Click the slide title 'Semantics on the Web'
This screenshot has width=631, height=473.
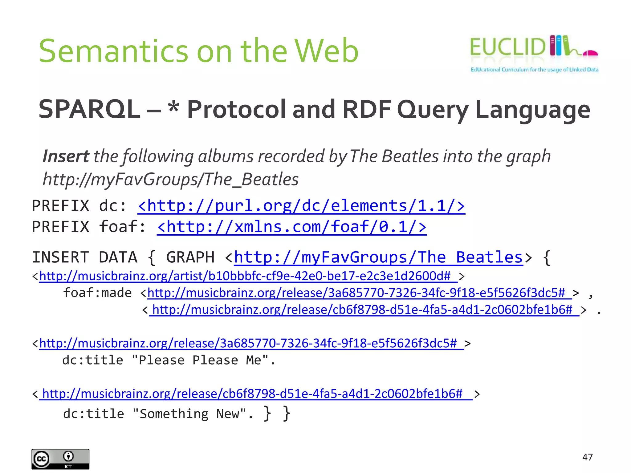pyautogui.click(x=199, y=51)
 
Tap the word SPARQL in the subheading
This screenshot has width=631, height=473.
pyautogui.click(x=89, y=109)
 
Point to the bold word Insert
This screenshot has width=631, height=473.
pyautogui.click(x=66, y=156)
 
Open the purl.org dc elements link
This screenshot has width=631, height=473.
pyautogui.click(x=301, y=206)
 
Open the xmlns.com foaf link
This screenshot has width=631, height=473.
pyautogui.click(x=291, y=227)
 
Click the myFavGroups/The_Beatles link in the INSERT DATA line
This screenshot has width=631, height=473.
pyautogui.click(x=378, y=257)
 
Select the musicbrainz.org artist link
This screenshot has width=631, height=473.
pyautogui.click(x=248, y=276)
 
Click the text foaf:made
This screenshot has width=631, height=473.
pyautogui.click(x=97, y=293)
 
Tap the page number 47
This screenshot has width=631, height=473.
pyautogui.click(x=587, y=457)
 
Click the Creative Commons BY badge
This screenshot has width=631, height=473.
pyautogui.click(x=60, y=459)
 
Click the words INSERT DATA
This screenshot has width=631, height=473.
pyautogui.click(x=85, y=257)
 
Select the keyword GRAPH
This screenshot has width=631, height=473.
pyautogui.click(x=190, y=257)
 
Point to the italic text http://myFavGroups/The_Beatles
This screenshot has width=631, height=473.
pyautogui.click(x=171, y=179)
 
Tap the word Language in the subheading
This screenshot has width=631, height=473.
pyautogui.click(x=532, y=110)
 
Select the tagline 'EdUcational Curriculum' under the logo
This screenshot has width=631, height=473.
pyautogui.click(x=534, y=70)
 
